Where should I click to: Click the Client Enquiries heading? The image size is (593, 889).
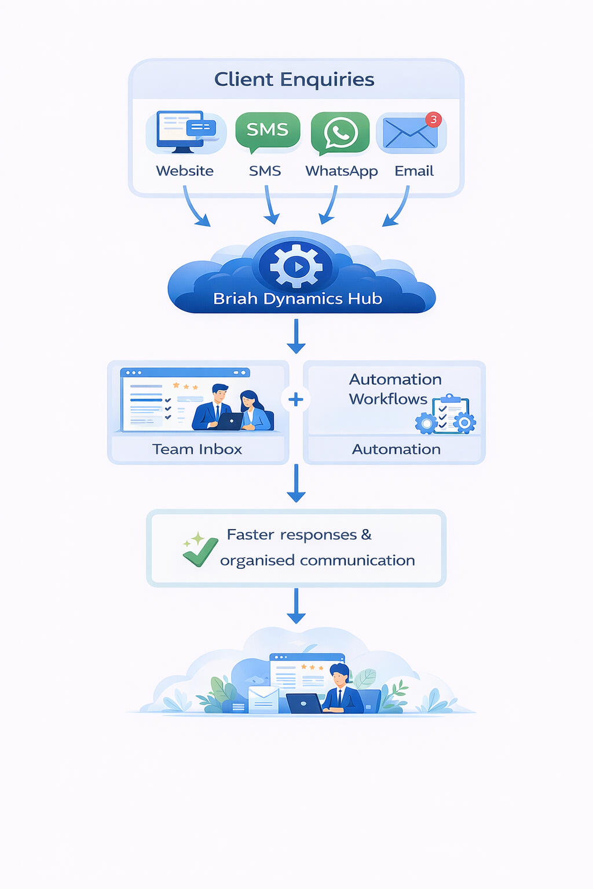[x=294, y=79]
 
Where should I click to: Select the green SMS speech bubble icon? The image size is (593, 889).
[x=267, y=131]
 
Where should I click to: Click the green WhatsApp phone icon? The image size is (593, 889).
[x=340, y=133]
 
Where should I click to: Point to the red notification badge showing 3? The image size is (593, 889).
[x=433, y=119]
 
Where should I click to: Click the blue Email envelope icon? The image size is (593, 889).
[x=409, y=134]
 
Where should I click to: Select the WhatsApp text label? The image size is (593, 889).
[x=341, y=171]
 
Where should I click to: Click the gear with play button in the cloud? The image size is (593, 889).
[x=296, y=267]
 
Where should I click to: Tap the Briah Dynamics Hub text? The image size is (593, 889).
[x=297, y=299]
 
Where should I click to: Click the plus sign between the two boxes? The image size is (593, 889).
[x=296, y=399]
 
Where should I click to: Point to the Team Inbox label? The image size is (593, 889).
[x=197, y=449]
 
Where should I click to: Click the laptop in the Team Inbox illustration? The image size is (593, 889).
[x=229, y=421]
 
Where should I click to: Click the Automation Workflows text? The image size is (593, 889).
[x=394, y=389]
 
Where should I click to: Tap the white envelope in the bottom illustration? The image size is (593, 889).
[x=263, y=699]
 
